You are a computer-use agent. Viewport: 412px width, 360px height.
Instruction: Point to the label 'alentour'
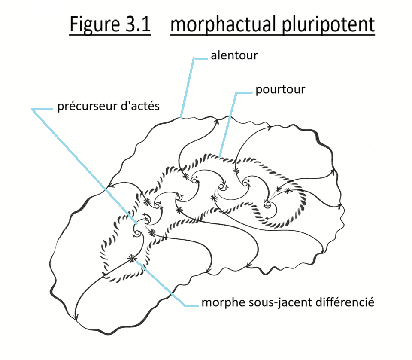pos(234,56)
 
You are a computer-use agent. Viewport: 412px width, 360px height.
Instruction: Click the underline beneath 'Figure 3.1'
pos(110,34)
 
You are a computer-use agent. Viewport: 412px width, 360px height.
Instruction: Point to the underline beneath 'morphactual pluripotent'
pos(273,34)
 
